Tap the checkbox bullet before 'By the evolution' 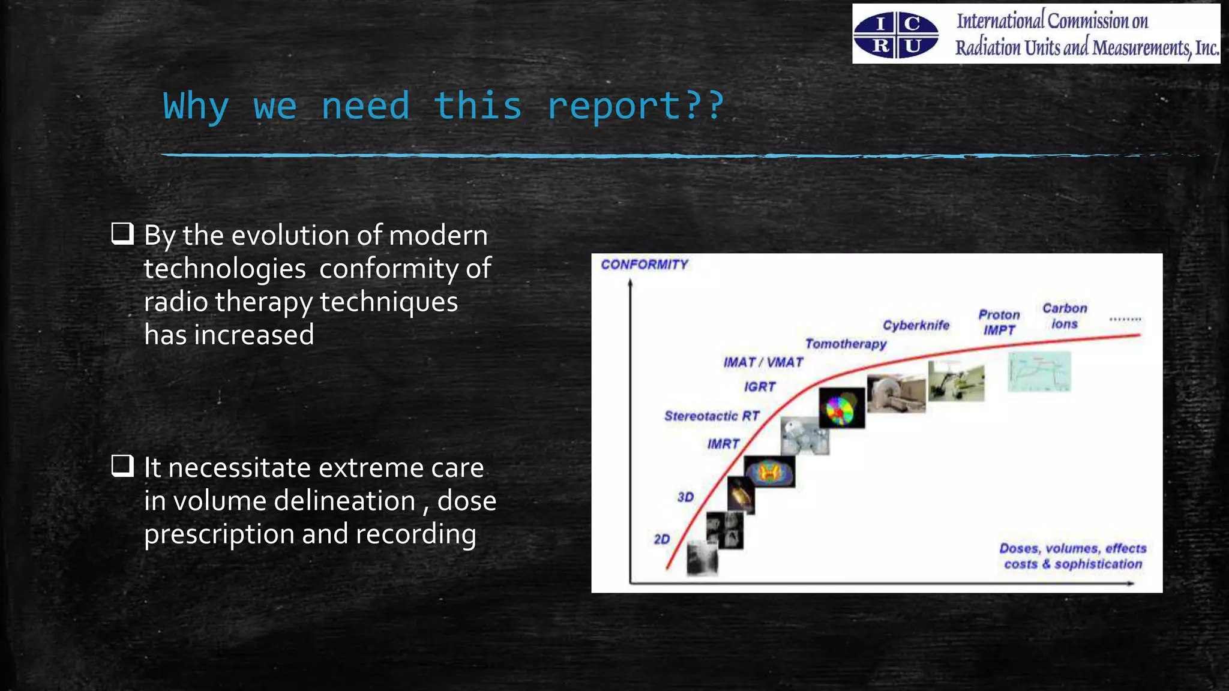122,234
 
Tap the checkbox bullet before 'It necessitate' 122,466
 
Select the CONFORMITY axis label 644,265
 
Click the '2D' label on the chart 661,539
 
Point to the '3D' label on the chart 685,497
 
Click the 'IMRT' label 723,444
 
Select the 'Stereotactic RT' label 712,416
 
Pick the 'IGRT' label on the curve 760,387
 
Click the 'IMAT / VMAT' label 763,362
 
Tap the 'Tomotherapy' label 846,344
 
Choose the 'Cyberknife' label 916,325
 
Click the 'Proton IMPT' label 999,322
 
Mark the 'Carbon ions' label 1065,316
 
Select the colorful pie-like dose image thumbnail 842,408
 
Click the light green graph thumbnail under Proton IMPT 1039,372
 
